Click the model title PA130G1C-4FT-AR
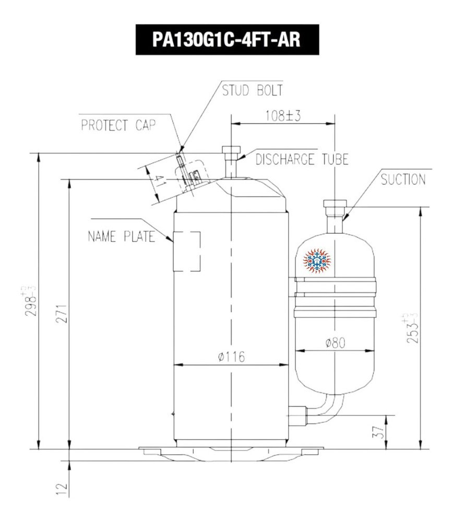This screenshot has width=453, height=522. click(x=226, y=40)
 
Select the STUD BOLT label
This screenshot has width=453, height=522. click(x=253, y=90)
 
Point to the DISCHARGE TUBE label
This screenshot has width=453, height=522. click(x=302, y=159)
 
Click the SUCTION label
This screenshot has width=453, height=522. click(x=403, y=181)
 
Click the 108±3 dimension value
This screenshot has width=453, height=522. click(x=283, y=116)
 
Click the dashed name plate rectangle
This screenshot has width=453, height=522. click(x=186, y=251)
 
